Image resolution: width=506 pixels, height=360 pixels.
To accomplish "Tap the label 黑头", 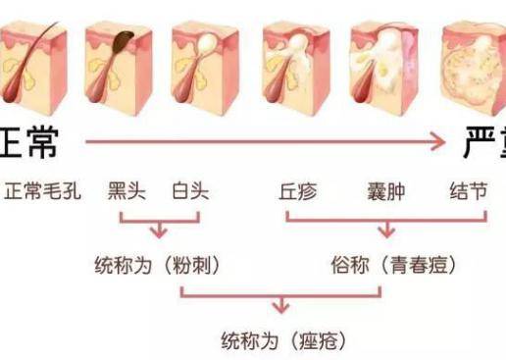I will click(126, 190).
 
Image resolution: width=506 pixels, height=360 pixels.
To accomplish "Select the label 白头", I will click(190, 190).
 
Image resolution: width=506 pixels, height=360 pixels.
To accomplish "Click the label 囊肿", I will click(384, 190).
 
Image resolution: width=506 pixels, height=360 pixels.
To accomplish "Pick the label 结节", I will click(468, 190).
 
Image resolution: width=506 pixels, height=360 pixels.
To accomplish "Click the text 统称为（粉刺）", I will click(158, 265).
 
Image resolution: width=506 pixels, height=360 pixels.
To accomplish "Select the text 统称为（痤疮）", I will click(282, 340).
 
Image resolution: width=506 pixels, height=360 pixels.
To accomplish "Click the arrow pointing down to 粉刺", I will click(158, 231).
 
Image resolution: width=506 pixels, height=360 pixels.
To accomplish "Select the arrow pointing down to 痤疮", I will click(282, 306).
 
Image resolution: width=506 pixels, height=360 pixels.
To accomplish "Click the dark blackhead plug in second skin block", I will click(126, 41).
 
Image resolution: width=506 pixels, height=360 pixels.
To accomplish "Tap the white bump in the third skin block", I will click(209, 41).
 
